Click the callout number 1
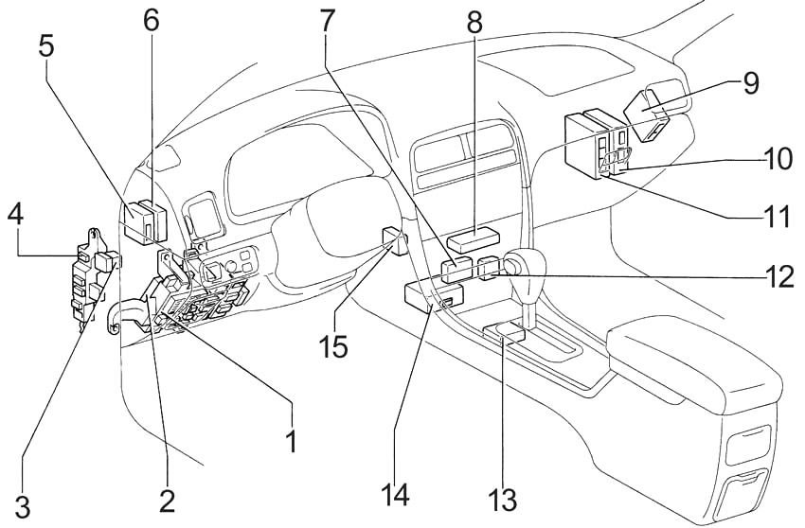click(x=292, y=440)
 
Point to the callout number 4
click(x=15, y=215)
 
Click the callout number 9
click(x=750, y=82)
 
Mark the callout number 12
click(x=778, y=276)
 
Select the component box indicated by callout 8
click(x=474, y=240)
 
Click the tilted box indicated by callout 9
click(x=648, y=114)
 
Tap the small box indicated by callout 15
click(x=395, y=241)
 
